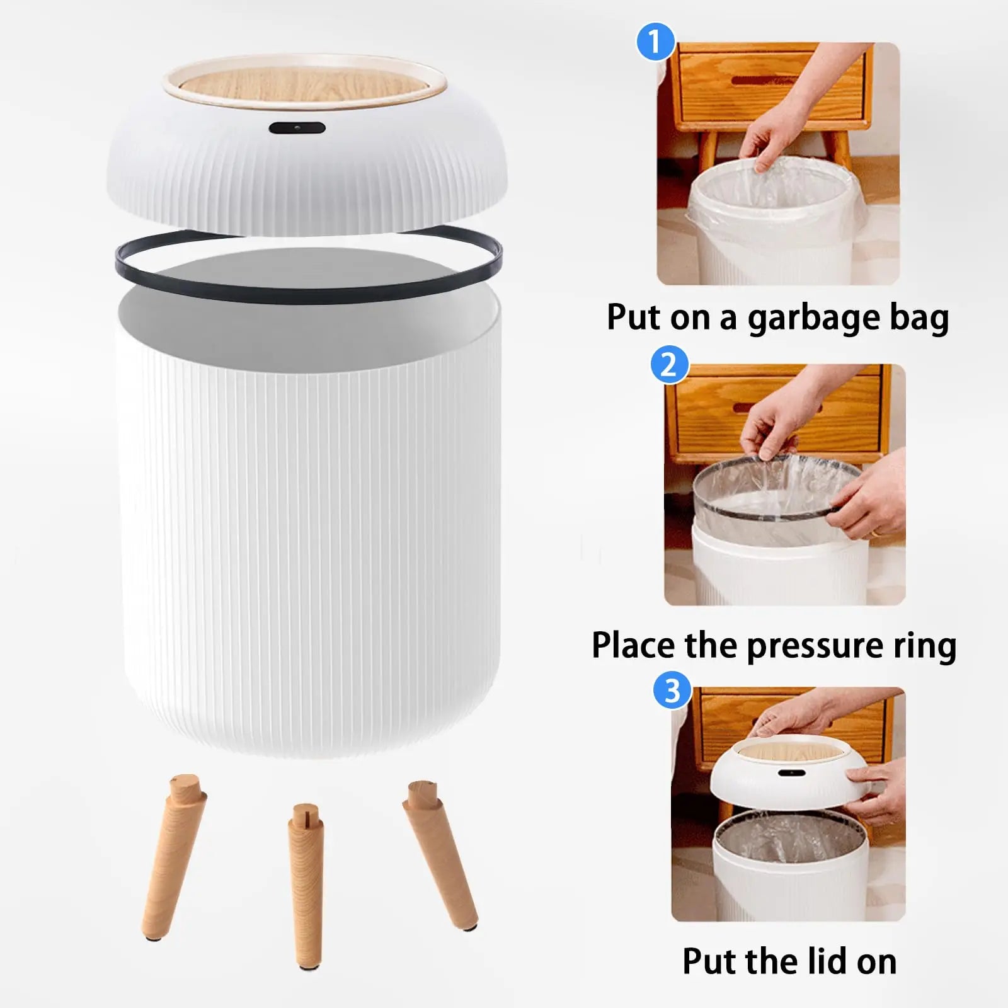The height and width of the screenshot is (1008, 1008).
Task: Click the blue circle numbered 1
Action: click(655, 42)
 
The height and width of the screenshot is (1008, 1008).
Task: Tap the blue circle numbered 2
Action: click(668, 365)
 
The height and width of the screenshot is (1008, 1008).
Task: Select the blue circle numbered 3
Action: click(673, 690)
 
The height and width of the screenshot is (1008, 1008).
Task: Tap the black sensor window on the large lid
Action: click(297, 128)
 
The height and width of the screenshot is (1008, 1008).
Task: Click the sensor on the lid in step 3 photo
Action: click(786, 772)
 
